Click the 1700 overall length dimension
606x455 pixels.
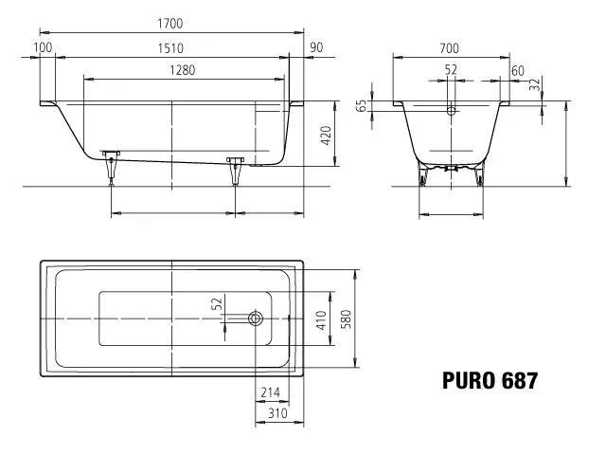170,24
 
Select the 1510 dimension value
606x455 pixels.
170,48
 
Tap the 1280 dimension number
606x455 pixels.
183,70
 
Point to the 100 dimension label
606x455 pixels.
43,47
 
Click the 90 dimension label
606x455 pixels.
316,47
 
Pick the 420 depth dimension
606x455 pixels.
327,136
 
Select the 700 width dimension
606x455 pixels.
449,48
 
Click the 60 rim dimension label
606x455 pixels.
518,71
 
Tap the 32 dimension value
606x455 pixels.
534,84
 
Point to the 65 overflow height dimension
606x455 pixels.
363,105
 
